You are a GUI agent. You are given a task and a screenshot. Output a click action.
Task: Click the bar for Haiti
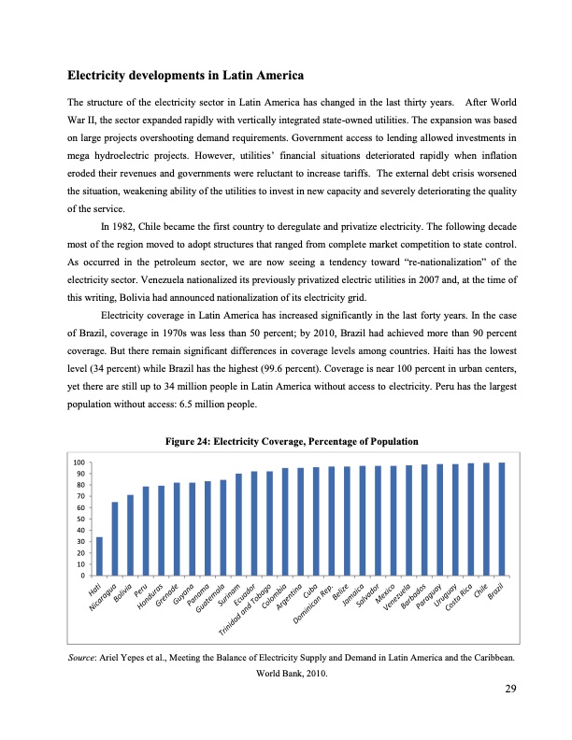point(99,556)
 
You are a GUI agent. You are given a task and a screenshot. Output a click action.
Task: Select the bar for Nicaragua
point(115,539)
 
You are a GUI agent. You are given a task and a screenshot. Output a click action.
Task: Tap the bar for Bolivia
point(131,534)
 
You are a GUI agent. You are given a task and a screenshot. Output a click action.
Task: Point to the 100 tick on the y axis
point(79,462)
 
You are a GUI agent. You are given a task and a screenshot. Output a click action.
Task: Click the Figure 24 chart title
point(286,441)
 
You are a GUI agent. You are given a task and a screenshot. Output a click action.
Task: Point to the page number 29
point(510,688)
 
